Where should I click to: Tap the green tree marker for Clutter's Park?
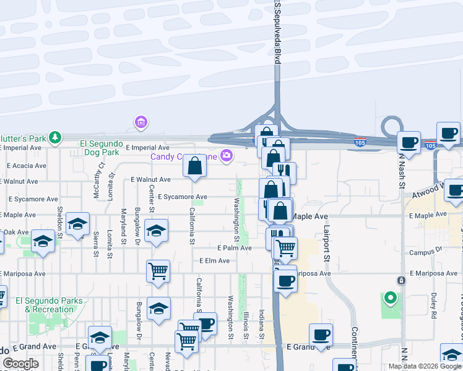tap(56, 136)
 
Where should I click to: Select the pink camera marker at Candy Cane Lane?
tap(227, 155)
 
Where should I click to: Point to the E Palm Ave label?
tap(234, 248)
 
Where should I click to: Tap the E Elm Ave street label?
tap(214, 261)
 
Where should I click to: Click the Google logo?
tap(20, 364)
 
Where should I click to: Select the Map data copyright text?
tap(424, 366)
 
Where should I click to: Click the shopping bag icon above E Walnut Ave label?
tap(194, 166)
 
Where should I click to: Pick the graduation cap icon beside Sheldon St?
tap(77, 224)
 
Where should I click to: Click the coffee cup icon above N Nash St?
tap(409, 142)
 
